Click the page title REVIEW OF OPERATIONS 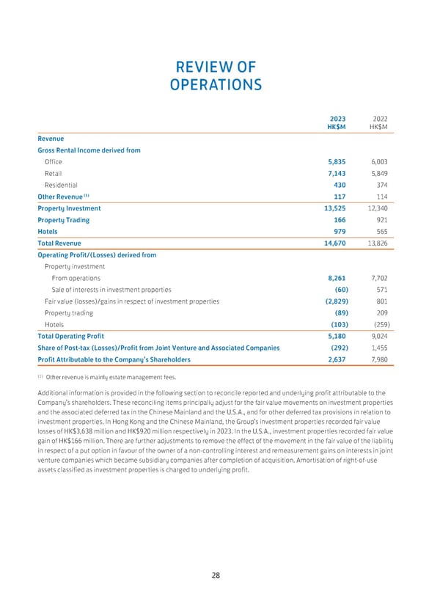coord(215,76)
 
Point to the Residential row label coord(61,185)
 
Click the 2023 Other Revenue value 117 coord(339,197)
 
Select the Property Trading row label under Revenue coord(63,219)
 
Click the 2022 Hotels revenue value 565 coord(379,231)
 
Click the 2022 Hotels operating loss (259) coord(378,324)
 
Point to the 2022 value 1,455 coord(376,348)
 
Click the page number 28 coord(216,575)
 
